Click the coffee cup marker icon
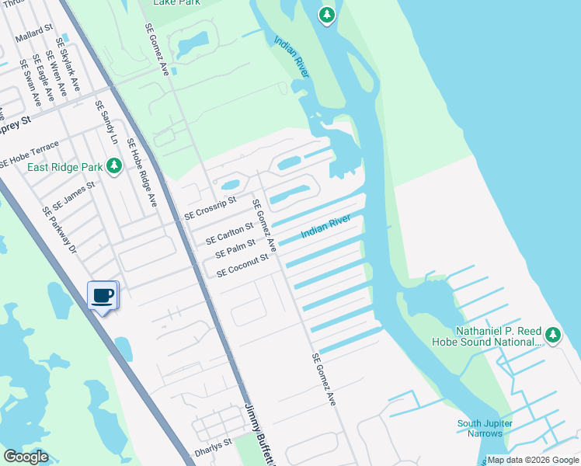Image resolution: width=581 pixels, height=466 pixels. [103, 295]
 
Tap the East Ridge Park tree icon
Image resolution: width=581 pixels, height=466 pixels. [114, 165]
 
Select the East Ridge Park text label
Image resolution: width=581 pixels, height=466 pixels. [65, 167]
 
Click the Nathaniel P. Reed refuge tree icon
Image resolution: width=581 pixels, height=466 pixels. [552, 335]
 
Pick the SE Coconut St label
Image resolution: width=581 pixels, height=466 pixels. [242, 264]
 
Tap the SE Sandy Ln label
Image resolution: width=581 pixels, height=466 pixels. [106, 123]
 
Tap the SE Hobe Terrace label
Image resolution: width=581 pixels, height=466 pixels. [29, 155]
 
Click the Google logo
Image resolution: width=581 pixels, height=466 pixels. [26, 457]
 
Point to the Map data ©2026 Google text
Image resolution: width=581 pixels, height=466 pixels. [533, 460]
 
